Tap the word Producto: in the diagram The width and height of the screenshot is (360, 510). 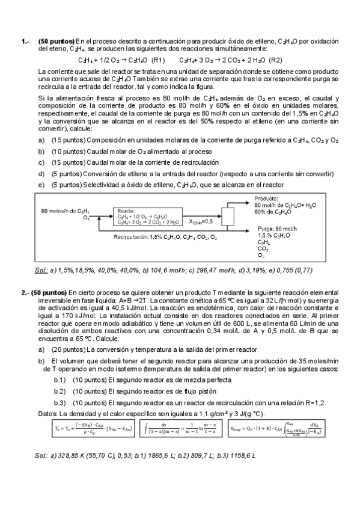click(x=266, y=198)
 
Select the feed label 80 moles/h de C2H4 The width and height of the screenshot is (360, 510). click(x=66, y=211)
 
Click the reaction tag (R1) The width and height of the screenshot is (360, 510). click(x=159, y=60)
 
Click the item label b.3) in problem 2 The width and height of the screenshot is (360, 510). click(x=59, y=403)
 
